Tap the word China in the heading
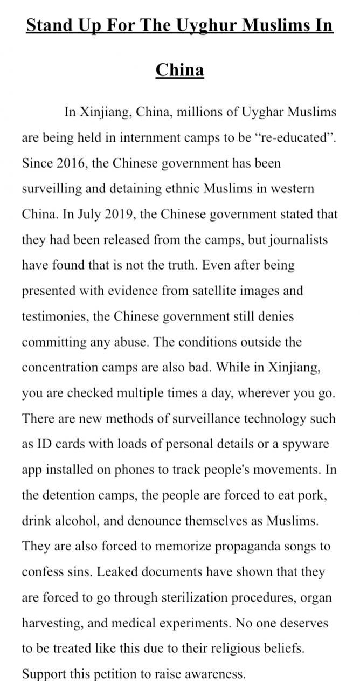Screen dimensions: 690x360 [179, 70]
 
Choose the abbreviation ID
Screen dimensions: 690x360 [43, 445]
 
